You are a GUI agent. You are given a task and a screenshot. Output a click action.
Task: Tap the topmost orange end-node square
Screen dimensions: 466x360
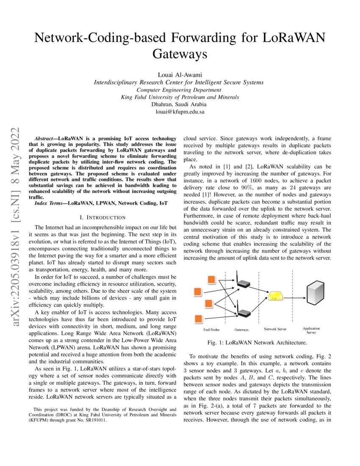(210, 280)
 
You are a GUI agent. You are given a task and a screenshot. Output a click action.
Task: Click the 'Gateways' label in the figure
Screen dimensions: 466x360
(241, 329)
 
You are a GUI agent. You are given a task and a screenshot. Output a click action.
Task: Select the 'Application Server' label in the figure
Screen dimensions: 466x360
(311, 330)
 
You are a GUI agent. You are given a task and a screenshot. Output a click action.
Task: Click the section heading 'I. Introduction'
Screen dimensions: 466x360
(102, 217)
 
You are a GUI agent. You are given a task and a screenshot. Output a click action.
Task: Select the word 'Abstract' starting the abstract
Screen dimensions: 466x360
(44, 139)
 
